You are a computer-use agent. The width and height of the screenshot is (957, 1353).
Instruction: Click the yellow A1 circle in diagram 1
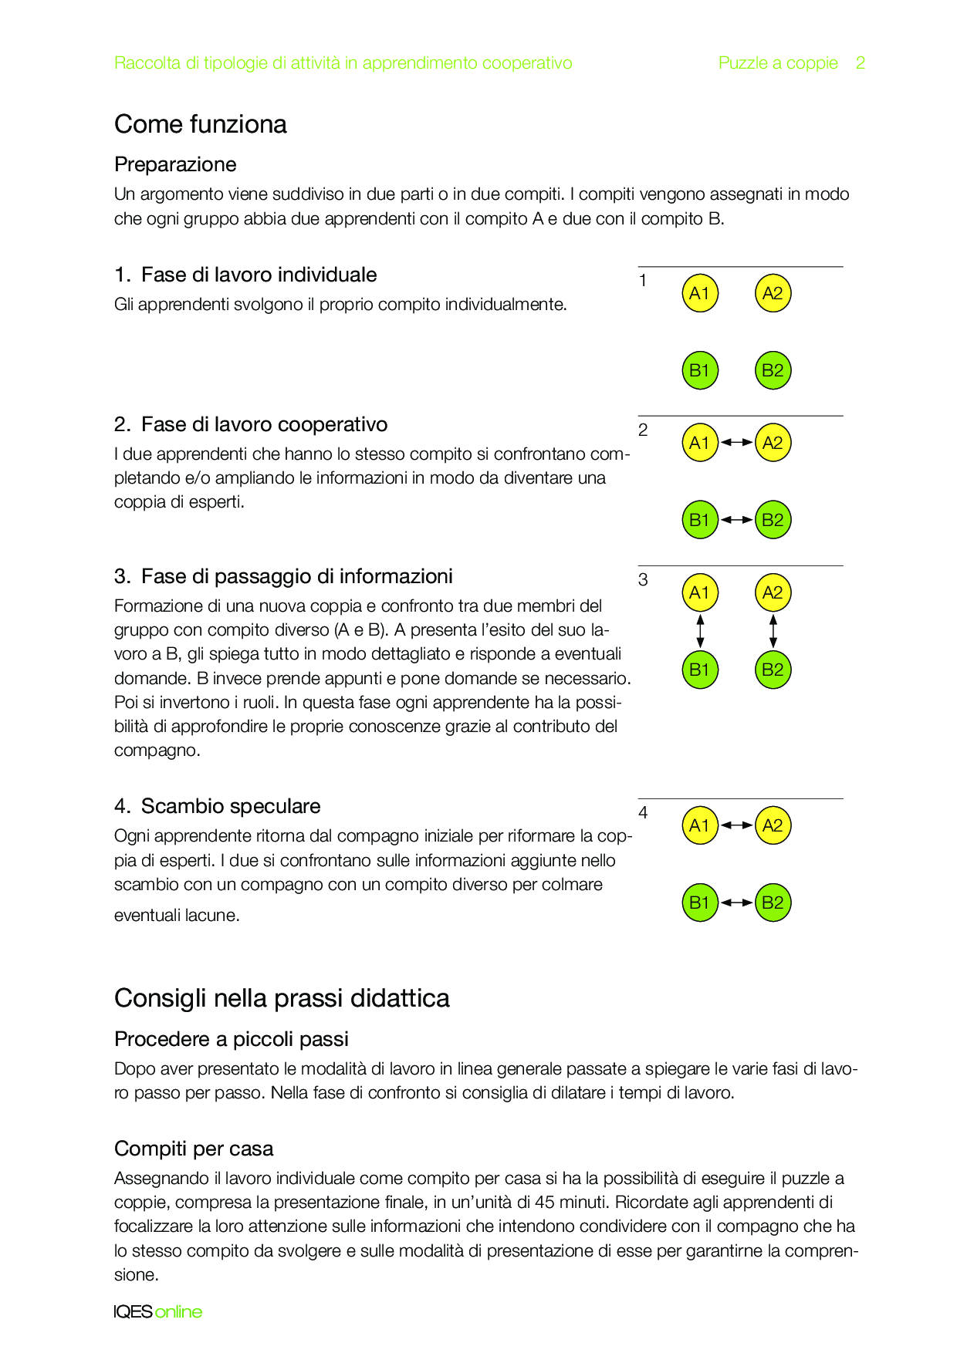click(700, 293)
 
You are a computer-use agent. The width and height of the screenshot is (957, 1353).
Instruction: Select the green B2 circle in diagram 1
click(773, 370)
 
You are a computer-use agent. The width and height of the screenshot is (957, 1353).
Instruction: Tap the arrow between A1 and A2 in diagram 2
click(736, 443)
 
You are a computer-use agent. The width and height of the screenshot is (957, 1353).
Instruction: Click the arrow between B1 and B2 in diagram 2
click(736, 520)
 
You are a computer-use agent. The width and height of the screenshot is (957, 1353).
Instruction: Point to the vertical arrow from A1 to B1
click(700, 631)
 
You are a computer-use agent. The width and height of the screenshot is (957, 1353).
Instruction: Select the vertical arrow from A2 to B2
click(773, 631)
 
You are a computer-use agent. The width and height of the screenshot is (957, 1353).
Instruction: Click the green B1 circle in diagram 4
click(700, 903)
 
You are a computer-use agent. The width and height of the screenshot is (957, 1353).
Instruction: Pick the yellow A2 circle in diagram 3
click(773, 592)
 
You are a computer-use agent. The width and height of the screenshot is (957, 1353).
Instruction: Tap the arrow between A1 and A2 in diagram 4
click(736, 825)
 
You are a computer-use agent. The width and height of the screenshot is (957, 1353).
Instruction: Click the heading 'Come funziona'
click(200, 124)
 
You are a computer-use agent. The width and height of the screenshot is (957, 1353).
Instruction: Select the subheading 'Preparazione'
click(175, 164)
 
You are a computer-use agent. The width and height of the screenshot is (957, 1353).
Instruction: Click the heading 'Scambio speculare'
click(230, 806)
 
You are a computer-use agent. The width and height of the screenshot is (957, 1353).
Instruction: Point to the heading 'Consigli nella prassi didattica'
click(282, 998)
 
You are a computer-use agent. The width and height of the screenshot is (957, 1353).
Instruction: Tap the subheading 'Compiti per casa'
click(194, 1149)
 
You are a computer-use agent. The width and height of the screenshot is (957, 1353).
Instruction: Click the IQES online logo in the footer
click(158, 1311)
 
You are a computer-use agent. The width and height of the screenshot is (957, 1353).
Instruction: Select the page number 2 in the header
click(860, 63)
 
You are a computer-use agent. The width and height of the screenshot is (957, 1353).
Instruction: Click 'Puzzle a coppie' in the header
click(778, 63)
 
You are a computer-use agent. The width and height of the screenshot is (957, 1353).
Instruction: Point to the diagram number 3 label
click(643, 580)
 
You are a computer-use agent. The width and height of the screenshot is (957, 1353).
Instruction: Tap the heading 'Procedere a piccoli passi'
click(232, 1039)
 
